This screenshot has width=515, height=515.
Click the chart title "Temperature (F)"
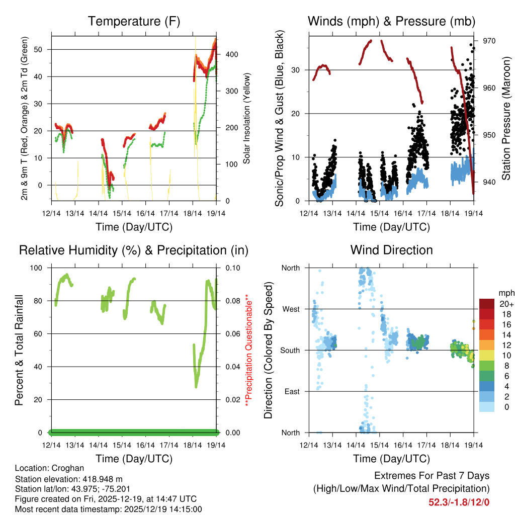click(x=134, y=21)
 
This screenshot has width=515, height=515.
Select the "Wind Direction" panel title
click(x=391, y=250)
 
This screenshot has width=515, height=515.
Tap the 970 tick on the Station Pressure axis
click(x=489, y=41)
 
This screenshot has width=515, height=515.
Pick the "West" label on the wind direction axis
click(x=292, y=309)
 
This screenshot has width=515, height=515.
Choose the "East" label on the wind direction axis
click(x=292, y=391)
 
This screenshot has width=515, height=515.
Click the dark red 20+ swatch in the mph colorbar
click(x=487, y=304)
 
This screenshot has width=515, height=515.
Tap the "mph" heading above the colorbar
click(x=505, y=293)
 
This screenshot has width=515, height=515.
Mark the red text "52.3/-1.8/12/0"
click(x=459, y=502)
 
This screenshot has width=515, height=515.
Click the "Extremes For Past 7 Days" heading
click(x=432, y=476)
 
